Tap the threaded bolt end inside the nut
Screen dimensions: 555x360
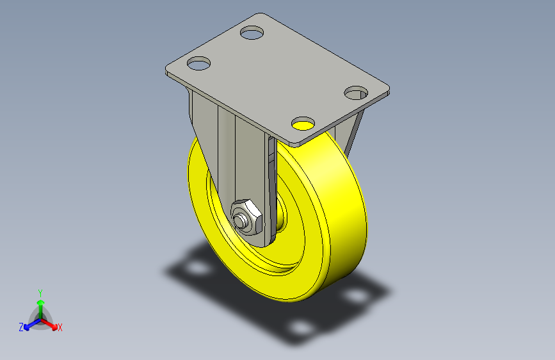[242, 221]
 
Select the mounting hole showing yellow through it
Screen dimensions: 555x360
[303, 124]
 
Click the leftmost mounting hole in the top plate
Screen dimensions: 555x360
[198, 63]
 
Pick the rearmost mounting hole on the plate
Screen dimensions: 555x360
[252, 33]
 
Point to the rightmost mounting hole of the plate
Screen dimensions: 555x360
[356, 93]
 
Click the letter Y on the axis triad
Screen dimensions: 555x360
[40, 293]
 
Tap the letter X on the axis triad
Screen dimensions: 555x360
[60, 328]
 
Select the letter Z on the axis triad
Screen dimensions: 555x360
[21, 327]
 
